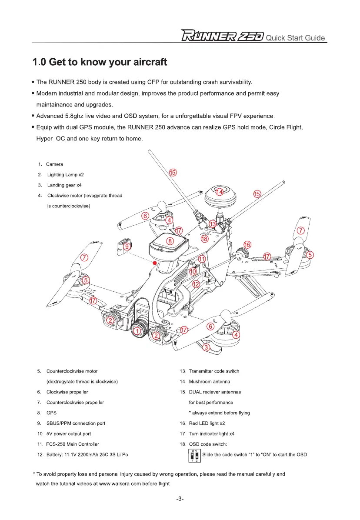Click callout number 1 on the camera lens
(138, 332)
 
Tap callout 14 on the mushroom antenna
(220, 192)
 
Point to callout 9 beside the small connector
(127, 247)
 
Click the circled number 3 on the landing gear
(207, 347)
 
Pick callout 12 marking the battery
(196, 284)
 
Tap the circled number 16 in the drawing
(247, 244)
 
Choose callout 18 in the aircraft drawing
(204, 239)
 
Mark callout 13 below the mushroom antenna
(212, 224)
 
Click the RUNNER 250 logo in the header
(222, 37)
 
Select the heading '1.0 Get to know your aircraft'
(100, 62)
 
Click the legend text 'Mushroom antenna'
(210, 382)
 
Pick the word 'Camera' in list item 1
(55, 164)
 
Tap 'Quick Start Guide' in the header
(296, 37)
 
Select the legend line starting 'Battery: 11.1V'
(87, 455)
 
